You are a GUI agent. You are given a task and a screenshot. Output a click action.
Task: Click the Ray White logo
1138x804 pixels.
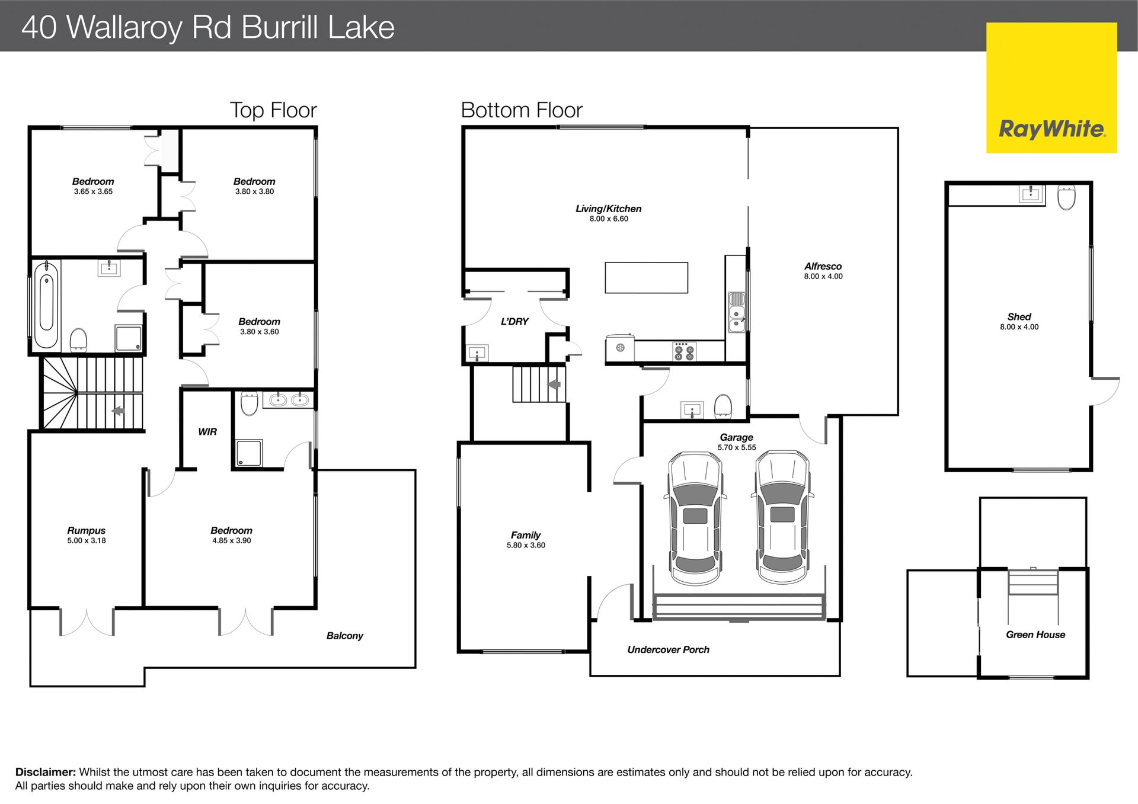(1051, 88)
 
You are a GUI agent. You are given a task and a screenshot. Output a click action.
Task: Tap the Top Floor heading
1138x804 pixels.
(273, 110)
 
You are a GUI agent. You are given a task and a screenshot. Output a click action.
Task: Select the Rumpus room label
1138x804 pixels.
(87, 531)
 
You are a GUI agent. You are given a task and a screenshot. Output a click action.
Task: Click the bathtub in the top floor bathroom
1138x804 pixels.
(47, 305)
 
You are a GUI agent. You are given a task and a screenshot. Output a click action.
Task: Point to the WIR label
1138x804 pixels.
(207, 432)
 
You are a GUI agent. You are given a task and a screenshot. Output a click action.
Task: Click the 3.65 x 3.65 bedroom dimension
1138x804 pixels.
(93, 191)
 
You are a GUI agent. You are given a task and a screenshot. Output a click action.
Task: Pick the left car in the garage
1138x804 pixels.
(695, 518)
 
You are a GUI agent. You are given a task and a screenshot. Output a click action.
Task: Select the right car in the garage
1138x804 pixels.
(782, 517)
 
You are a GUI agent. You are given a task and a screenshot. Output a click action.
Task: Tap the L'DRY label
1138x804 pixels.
(514, 322)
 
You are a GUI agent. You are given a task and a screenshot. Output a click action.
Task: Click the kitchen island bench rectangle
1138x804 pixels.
(646, 278)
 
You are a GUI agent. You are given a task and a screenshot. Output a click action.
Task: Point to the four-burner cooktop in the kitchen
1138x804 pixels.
(684, 351)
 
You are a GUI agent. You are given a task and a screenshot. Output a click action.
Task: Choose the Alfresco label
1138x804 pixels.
(823, 267)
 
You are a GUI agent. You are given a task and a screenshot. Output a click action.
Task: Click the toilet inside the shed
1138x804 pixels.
(1067, 197)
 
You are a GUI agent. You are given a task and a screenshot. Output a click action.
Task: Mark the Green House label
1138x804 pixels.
(1035, 635)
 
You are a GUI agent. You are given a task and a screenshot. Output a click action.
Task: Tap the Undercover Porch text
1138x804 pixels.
(668, 650)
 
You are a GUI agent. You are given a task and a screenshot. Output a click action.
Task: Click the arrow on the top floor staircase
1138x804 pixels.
(117, 410)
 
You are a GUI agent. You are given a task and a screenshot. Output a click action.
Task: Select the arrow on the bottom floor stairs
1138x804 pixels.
(554, 385)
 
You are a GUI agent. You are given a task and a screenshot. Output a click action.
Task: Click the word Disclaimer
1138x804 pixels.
(46, 772)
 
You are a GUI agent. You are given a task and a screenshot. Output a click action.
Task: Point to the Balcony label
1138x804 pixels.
(344, 636)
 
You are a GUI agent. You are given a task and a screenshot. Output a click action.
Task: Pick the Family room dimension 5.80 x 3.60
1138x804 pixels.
(526, 545)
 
